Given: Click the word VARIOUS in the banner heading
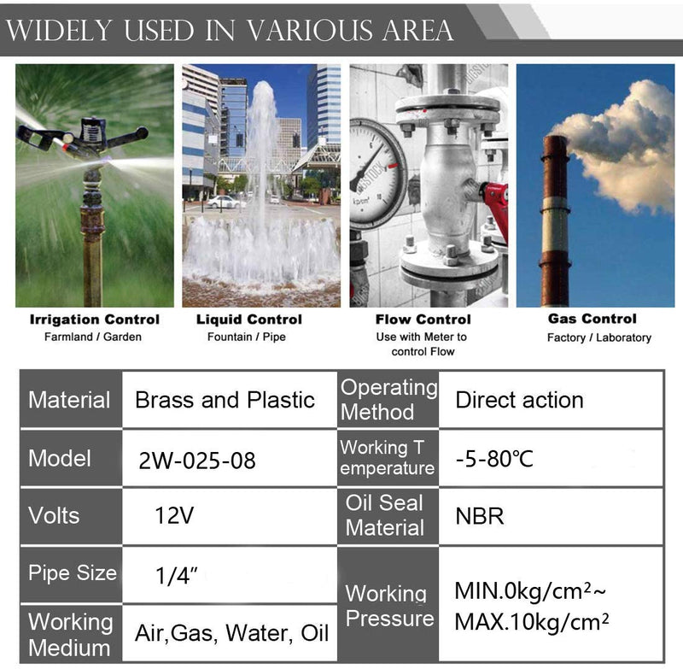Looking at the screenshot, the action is (x=311, y=30).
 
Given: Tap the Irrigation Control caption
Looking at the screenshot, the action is (x=95, y=320).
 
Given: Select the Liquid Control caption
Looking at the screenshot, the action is (x=249, y=320).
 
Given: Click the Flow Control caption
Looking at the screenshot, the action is (x=423, y=320).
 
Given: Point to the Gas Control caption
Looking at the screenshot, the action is (x=593, y=319).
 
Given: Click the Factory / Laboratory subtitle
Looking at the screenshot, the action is (x=599, y=337).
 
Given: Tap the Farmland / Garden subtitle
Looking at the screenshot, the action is (x=93, y=337).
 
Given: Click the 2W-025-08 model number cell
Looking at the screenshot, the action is (x=197, y=461).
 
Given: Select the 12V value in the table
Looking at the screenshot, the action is (x=174, y=515).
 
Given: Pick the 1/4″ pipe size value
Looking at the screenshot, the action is (x=177, y=575).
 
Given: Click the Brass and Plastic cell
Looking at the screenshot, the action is (x=225, y=400).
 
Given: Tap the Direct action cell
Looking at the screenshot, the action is (x=519, y=400).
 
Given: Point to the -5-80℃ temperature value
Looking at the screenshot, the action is (x=494, y=459).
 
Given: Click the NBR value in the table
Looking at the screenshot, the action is (x=480, y=516).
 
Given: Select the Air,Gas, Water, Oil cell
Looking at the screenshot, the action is (x=231, y=633).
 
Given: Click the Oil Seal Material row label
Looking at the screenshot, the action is (x=385, y=515).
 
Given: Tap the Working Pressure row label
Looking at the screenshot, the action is (x=389, y=606).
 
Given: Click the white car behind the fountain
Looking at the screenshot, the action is (x=225, y=202).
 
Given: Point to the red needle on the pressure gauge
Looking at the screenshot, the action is (x=393, y=166).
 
